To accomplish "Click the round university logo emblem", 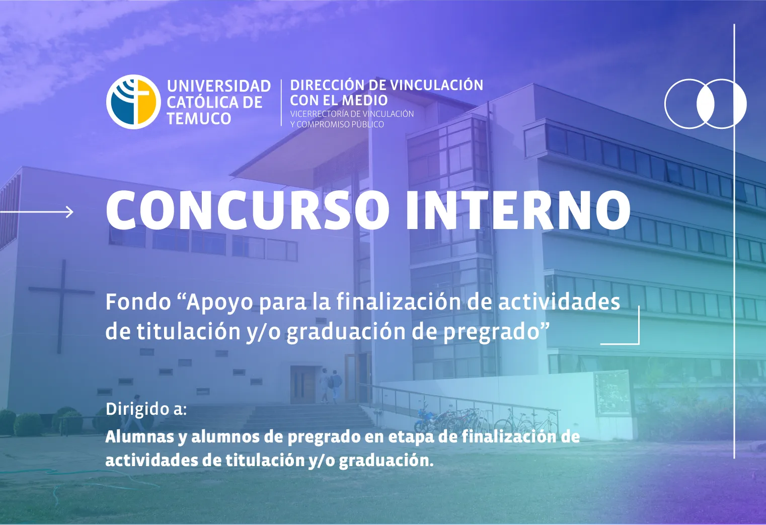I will (133, 102).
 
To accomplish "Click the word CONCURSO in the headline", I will (247, 210).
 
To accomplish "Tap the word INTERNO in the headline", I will (518, 210).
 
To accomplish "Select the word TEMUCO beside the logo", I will (199, 119).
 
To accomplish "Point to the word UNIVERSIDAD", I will (219, 86).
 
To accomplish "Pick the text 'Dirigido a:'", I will (146, 409).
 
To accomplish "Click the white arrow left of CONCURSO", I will (38, 212).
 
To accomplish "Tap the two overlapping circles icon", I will (705, 104).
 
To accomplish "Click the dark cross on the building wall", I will (62, 302).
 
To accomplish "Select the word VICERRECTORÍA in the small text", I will (319, 114).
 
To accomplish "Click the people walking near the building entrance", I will (330, 385).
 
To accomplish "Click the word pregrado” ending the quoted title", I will (496, 332).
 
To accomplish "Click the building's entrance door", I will (303, 385).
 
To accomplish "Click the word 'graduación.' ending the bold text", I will (386, 460).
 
